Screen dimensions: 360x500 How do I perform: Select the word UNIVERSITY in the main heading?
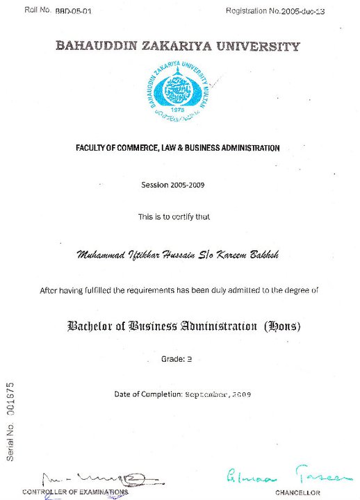pos(263,47)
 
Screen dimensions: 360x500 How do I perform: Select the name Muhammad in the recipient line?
pos(101,256)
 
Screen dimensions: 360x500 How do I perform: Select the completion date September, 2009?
pos(218,394)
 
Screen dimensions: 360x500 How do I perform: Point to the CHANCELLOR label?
pos(297,492)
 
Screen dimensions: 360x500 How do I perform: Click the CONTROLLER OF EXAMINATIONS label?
pos(75,492)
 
